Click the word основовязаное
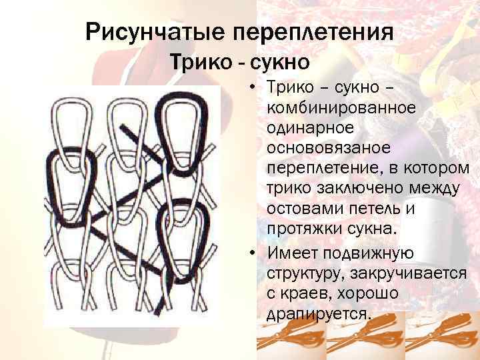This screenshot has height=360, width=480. [x=327, y=146]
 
